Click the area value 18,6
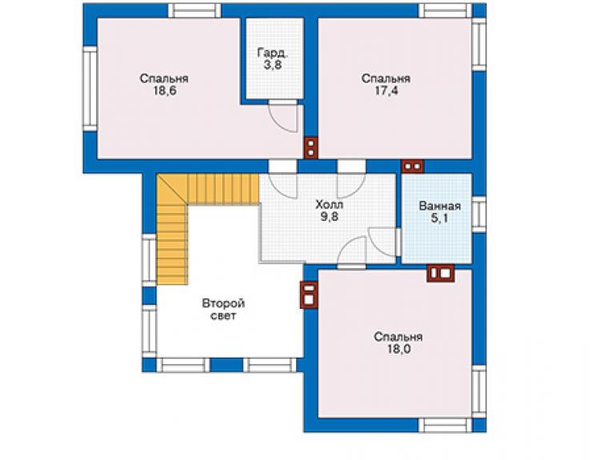(165, 91)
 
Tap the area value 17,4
(386, 91)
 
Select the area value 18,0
(398, 349)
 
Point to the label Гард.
(273, 53)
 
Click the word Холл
(330, 205)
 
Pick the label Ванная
(439, 206)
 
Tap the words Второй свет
(223, 310)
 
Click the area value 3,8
(272, 65)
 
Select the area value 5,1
(439, 218)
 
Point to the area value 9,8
(330, 217)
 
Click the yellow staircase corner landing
(172, 190)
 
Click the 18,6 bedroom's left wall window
(90, 89)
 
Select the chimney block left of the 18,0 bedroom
(309, 295)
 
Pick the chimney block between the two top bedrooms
(311, 148)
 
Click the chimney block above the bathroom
(413, 166)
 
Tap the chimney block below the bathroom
(441, 274)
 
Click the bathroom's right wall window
(479, 214)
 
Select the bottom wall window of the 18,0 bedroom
(445, 426)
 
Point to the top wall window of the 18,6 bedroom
(194, 11)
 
